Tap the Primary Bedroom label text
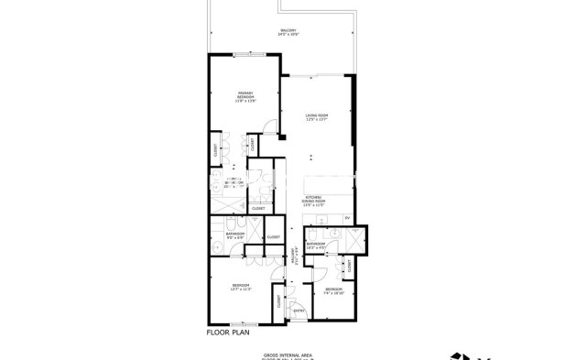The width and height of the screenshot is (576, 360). [x=245, y=96]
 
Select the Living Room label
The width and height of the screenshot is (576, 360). [x=317, y=116]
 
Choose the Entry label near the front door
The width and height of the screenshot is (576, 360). [x=299, y=310]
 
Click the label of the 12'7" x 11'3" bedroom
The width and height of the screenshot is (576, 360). [x=242, y=287]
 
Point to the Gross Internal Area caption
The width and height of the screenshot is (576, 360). [x=288, y=352]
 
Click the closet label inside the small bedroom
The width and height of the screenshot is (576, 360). [x=350, y=267]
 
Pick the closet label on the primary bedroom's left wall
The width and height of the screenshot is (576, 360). [x=216, y=150]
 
